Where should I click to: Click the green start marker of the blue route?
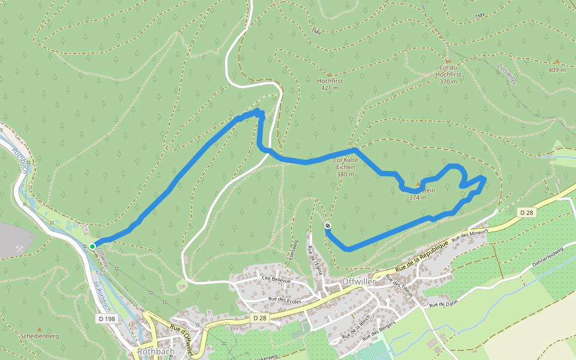pos(92,246)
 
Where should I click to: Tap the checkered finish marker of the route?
pos(328,226)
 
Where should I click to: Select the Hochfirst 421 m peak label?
pos(329,84)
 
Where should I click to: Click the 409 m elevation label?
pos(557,70)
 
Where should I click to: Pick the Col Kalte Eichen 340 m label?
pos(346,167)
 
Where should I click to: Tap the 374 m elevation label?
pos(418,197)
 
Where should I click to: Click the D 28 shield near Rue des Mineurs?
pos(526,212)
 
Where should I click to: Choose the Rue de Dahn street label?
pos(443,304)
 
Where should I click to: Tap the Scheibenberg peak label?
pos(40,337)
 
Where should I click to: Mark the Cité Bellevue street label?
pos(275,280)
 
